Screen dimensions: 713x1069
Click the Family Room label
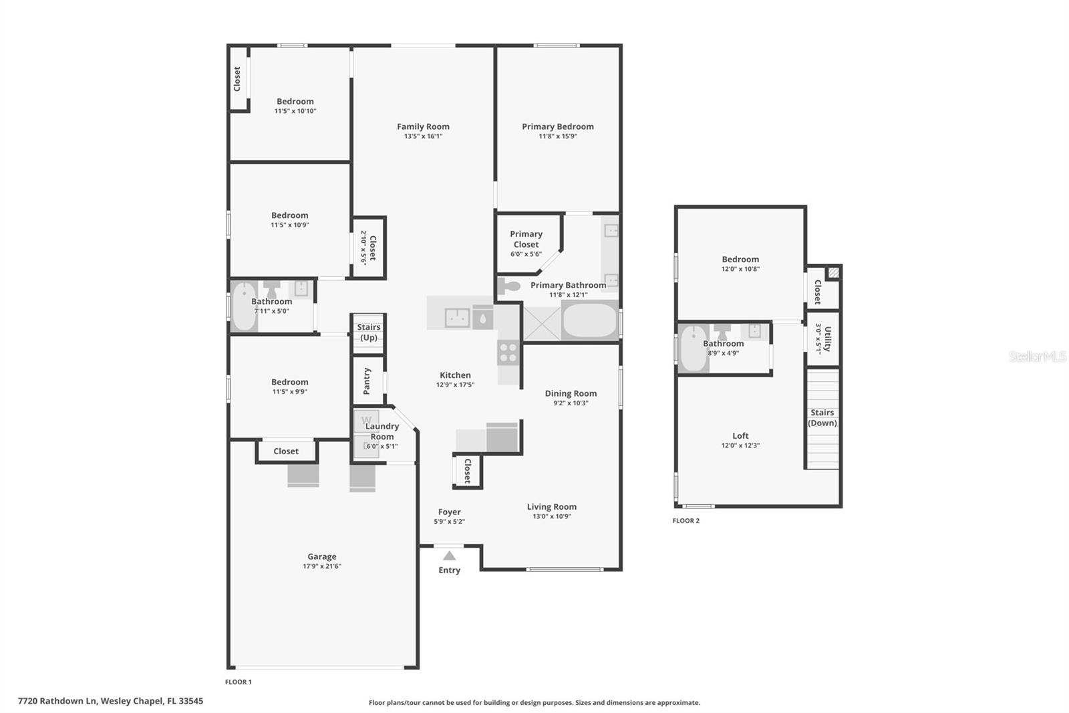423,126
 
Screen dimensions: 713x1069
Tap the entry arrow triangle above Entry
450,556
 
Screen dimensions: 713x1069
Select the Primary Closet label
526,239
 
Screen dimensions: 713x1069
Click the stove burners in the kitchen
508,352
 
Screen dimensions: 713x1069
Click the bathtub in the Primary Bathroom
589,321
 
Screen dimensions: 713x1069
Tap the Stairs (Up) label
368,332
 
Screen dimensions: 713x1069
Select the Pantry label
367,381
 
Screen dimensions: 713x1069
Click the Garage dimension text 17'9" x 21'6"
322,567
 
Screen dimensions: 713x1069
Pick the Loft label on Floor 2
740,435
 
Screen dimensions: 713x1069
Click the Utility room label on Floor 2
827,338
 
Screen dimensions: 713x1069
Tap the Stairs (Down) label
822,417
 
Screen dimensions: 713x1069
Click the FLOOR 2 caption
686,520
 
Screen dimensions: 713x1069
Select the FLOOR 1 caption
239,682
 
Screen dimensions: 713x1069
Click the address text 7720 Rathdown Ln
59,701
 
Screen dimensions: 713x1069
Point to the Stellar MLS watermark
1037,356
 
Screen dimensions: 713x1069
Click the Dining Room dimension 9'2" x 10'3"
571,403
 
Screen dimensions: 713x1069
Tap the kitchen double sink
457,318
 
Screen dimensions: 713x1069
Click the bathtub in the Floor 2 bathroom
694,348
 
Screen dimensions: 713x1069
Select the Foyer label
449,512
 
